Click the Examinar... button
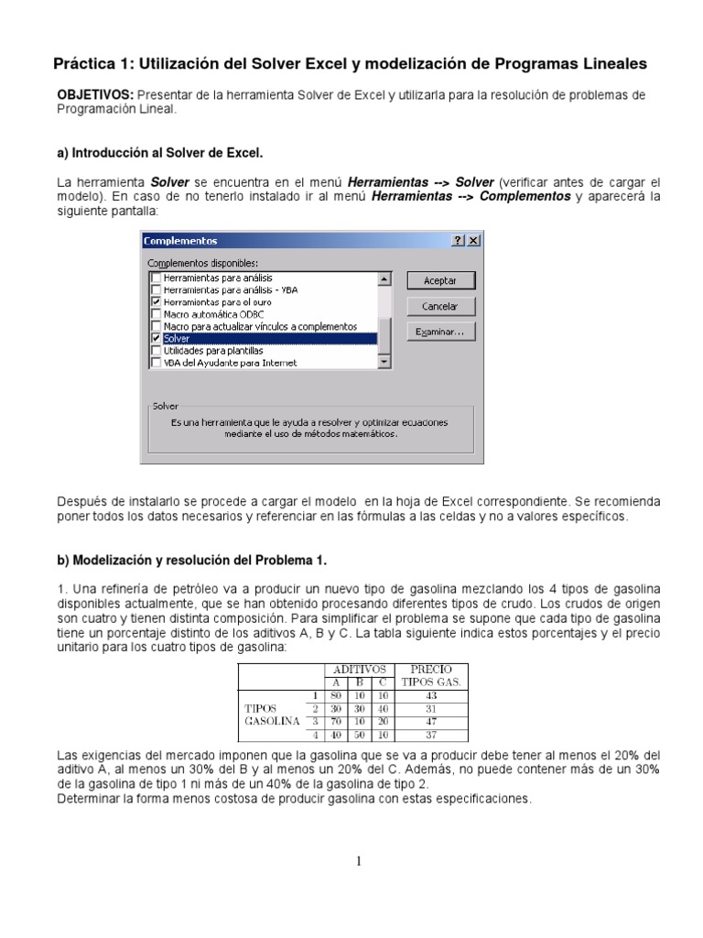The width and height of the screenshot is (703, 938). click(440, 332)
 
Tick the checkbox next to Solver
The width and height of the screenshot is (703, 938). click(157, 338)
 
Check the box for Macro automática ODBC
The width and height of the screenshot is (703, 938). click(157, 313)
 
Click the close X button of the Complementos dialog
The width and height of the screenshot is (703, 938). click(473, 240)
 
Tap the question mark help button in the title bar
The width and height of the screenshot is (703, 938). click(458, 240)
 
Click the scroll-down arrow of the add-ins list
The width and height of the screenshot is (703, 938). click(384, 362)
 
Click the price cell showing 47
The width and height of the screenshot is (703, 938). click(431, 721)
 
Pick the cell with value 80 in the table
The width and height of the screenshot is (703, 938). click(336, 695)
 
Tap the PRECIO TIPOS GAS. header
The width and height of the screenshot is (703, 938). click(431, 676)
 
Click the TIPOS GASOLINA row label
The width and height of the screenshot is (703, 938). click(272, 714)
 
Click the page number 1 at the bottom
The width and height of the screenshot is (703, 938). click(360, 860)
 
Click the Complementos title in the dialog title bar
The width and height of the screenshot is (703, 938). click(181, 240)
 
